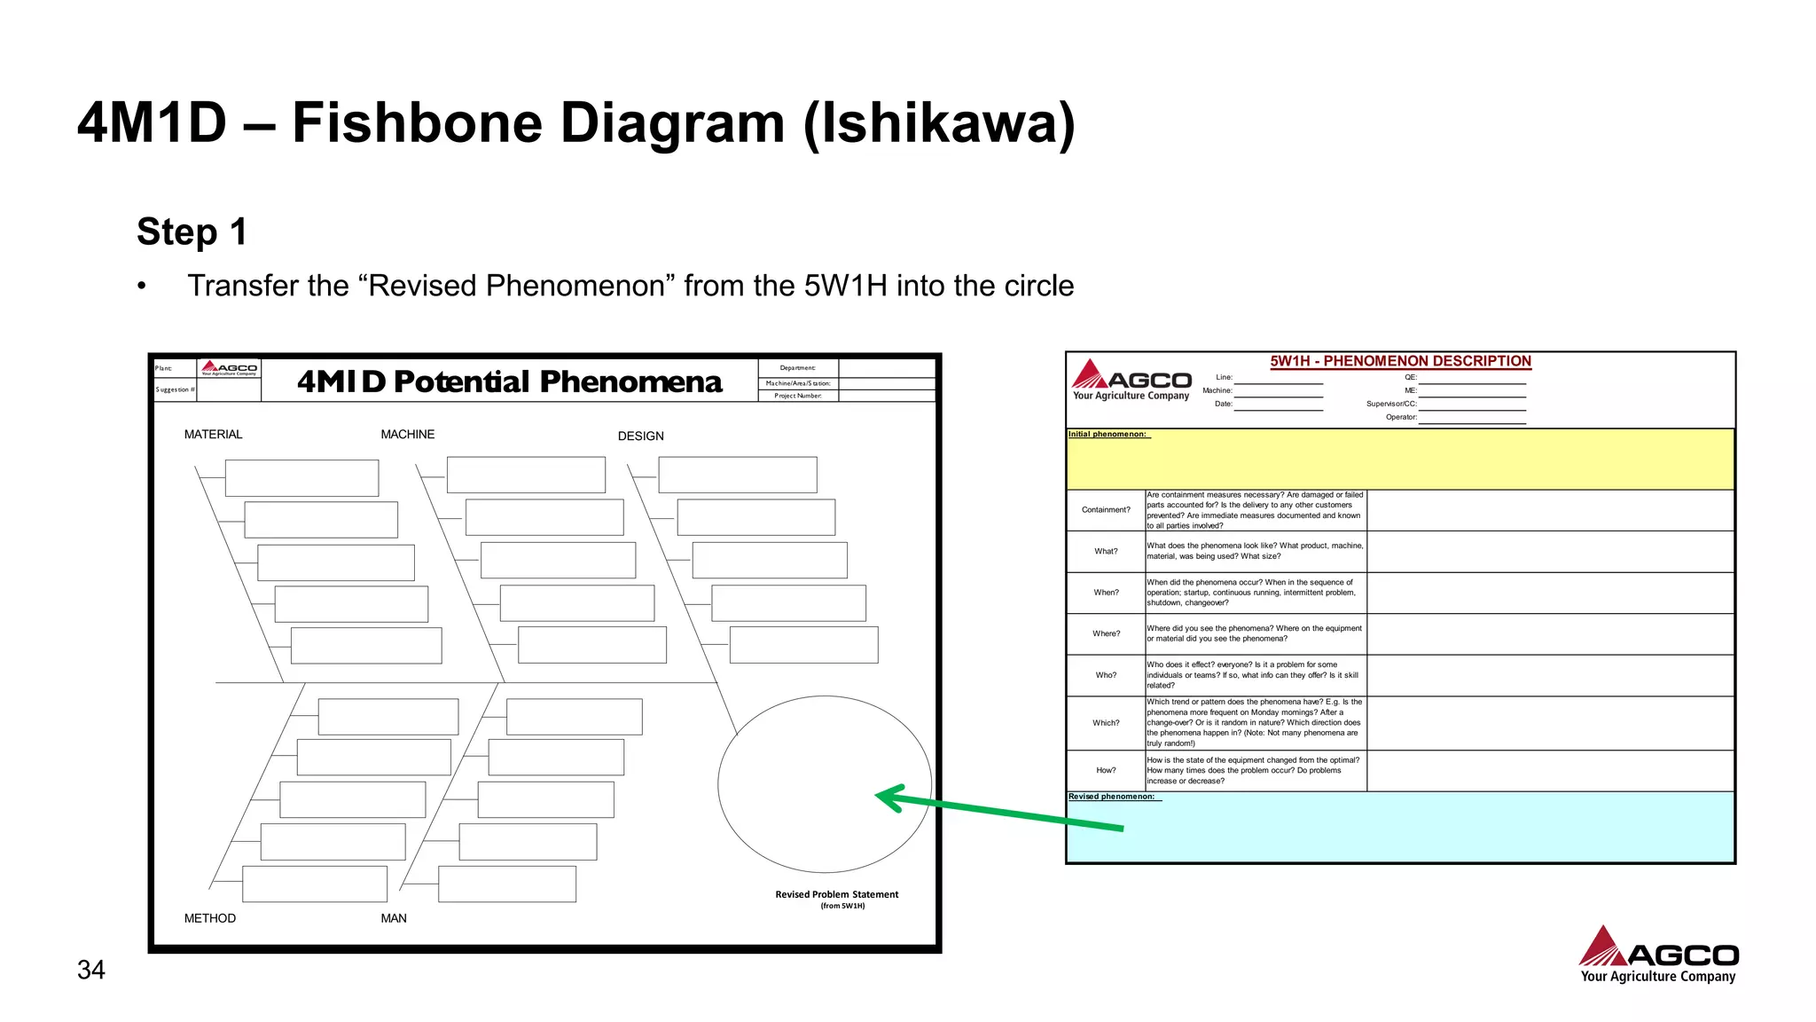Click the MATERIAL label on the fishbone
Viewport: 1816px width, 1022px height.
(x=213, y=435)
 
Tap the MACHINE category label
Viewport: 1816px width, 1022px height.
(x=407, y=435)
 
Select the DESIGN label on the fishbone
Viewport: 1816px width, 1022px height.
(x=640, y=436)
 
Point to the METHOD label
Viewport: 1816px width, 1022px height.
(x=210, y=918)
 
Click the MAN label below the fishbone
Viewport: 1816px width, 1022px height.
(x=394, y=918)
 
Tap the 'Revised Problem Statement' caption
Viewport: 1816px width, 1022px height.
(x=836, y=894)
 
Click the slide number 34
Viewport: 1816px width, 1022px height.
(x=91, y=970)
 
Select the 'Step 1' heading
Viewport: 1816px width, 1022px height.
(x=192, y=232)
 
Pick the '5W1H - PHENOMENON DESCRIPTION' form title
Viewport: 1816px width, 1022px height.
(x=1400, y=361)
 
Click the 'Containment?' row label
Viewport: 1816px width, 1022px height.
(x=1106, y=510)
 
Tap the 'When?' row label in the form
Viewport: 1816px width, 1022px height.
(x=1106, y=593)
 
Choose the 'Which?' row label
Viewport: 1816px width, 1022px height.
(x=1106, y=723)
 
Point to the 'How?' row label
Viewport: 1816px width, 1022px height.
(x=1106, y=770)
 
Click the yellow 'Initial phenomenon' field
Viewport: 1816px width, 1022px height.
(x=1400, y=461)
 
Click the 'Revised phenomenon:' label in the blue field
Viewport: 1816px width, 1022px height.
(x=1111, y=797)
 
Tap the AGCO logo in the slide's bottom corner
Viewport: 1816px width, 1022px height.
(x=1658, y=955)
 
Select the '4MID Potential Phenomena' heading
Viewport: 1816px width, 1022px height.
(x=510, y=381)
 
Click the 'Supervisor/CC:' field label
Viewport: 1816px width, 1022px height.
(x=1390, y=404)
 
